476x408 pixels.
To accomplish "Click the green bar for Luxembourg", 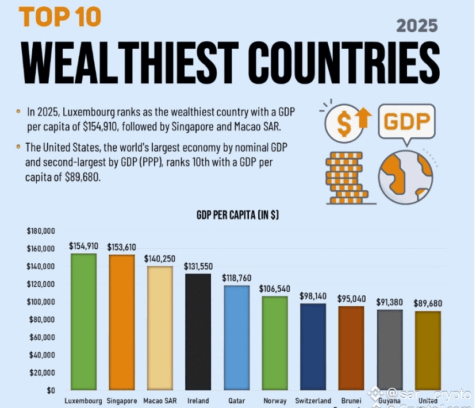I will (x=84, y=322).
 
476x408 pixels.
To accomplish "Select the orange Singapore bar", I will (x=121, y=322).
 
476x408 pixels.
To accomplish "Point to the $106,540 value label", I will (x=274, y=288).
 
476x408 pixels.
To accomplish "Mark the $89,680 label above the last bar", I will (x=428, y=303).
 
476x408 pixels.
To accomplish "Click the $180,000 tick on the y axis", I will (x=40, y=231).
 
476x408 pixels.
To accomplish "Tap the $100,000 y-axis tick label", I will (x=40, y=302).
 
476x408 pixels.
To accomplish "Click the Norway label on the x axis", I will (x=274, y=401).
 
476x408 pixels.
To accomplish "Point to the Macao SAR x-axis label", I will (x=160, y=401).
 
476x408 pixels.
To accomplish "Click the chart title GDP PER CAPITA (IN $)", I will (x=238, y=215).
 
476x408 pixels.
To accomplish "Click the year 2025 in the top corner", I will (x=417, y=26).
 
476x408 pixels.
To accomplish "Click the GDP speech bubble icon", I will (x=406, y=122).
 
